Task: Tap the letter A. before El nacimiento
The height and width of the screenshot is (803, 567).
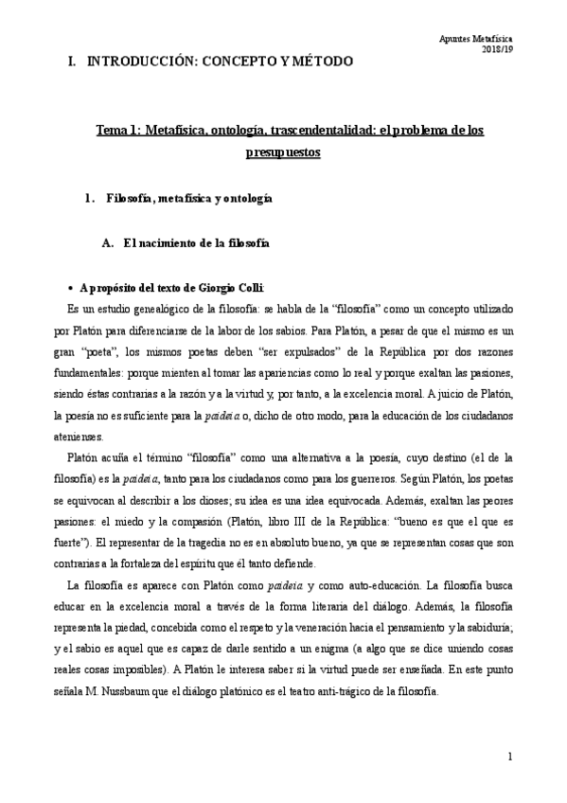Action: point(106,243)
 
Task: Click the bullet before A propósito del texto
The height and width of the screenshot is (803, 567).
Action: point(72,288)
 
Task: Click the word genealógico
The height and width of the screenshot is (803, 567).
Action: point(160,309)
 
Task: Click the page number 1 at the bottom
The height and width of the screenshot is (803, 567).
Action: point(509,757)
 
